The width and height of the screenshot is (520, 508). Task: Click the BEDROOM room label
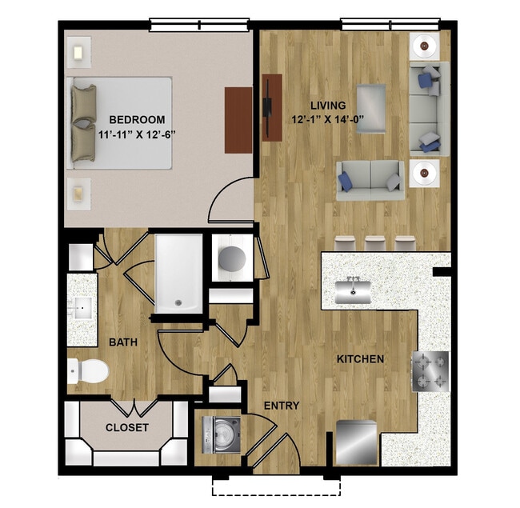click(x=137, y=120)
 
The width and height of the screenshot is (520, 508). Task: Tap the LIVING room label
click(x=328, y=106)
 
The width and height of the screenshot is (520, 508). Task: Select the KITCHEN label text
click(x=360, y=358)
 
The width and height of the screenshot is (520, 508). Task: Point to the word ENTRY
click(x=282, y=406)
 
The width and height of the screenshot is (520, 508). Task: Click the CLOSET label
click(x=126, y=427)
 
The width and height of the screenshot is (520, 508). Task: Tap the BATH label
click(x=123, y=342)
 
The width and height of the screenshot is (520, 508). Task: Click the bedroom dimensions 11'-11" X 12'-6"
click(x=137, y=134)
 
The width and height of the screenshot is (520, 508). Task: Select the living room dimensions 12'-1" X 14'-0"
click(x=328, y=119)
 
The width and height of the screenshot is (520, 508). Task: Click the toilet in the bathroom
click(x=88, y=370)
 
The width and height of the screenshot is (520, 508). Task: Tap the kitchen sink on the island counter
click(x=353, y=291)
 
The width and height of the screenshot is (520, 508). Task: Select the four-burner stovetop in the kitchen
click(x=430, y=372)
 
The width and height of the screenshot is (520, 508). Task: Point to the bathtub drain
click(x=178, y=302)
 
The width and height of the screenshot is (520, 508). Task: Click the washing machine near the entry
click(x=221, y=434)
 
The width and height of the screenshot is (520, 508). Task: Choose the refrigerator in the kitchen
click(x=357, y=442)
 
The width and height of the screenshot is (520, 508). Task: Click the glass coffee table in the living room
click(x=371, y=109)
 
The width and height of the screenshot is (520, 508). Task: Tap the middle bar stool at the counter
click(x=374, y=243)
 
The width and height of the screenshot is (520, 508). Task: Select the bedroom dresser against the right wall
click(x=238, y=120)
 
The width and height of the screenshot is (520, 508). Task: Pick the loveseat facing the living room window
click(x=370, y=180)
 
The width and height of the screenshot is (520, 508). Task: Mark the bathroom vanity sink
click(x=82, y=308)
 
